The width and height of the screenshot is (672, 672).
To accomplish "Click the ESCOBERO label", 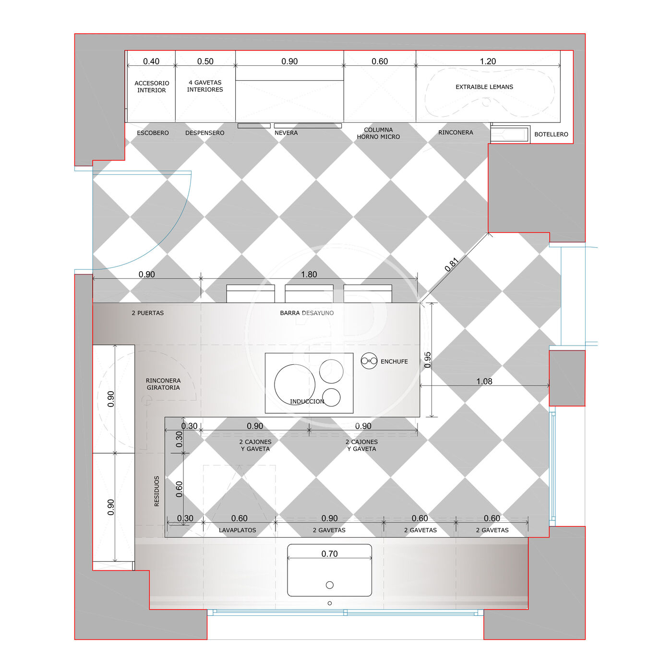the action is pos(153,133).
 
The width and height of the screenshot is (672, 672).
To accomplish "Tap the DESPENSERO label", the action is pos(204,133).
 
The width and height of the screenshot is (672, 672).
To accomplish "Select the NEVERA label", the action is pos(286,133).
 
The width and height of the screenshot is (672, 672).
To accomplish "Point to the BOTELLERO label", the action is pos(551,134).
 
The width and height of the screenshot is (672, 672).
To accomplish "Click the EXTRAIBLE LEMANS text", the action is pos(484,87).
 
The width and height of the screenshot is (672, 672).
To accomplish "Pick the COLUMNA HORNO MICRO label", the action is pos(378,133).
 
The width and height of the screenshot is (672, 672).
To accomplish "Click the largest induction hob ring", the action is pos(295,384).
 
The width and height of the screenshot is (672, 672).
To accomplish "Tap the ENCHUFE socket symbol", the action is pos(369,361).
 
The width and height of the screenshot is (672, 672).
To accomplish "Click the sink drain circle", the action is pos(330,585).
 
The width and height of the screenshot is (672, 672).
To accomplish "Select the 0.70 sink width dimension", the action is pos(330,554).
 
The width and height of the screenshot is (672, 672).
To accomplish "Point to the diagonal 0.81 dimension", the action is pos(452,264).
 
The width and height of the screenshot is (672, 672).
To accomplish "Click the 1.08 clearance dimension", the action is pos(484,382).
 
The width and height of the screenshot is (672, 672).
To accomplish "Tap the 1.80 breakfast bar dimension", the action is pos(309,275).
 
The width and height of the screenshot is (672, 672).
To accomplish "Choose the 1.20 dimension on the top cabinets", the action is pos(488,61).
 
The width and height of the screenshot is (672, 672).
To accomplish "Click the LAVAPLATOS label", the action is pos(238,530).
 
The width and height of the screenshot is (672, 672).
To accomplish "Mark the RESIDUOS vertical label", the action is pos(156,491).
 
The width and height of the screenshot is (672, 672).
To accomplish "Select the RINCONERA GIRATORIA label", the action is pos(163,384).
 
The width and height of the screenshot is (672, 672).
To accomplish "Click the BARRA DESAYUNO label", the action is pos(307,313).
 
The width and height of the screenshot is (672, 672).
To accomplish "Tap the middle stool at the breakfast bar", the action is pos(309,294).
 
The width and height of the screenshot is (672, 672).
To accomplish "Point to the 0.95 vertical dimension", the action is pos(428,360).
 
